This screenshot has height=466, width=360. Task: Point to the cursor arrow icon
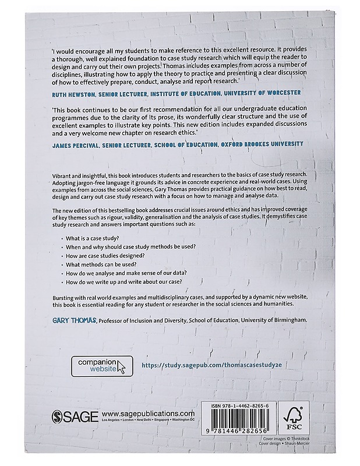(122, 367)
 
